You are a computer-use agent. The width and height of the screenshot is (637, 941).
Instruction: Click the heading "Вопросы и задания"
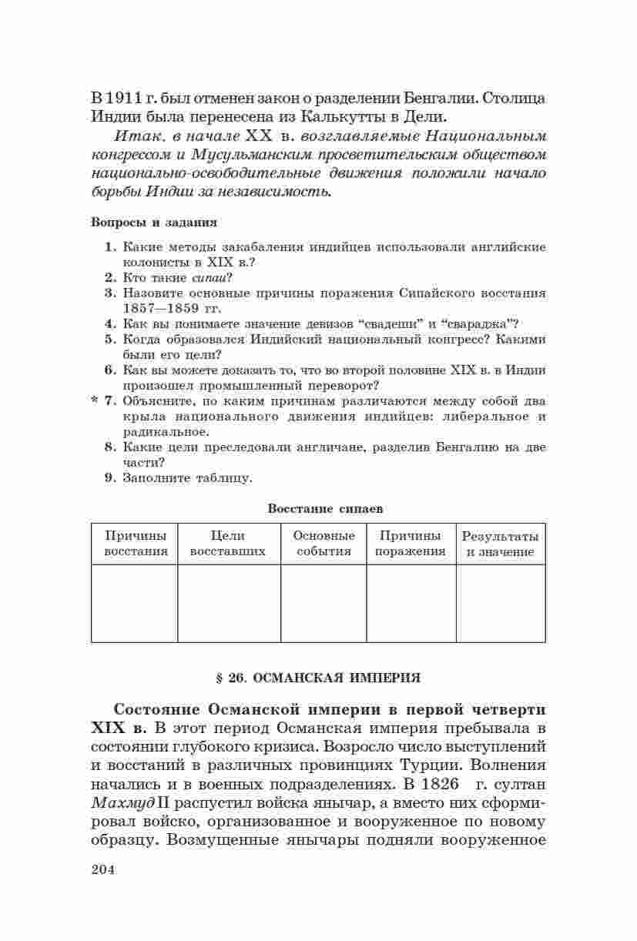pos(153,222)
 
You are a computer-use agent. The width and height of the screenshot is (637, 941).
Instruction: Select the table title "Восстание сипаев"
pos(325,508)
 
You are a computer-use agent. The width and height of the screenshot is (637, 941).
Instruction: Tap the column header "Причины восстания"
pos(136,544)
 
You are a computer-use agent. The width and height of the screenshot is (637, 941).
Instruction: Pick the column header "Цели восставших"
pos(227,544)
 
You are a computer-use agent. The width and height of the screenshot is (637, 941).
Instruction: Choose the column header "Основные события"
pos(324,544)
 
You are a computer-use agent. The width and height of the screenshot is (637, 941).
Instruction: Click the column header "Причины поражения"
pos(411,544)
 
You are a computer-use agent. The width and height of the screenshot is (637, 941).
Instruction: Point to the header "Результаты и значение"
pos(500,544)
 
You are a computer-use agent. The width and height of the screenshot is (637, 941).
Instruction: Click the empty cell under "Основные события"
pos(324,603)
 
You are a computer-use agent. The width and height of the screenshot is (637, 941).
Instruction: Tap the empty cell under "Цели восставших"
pos(228,603)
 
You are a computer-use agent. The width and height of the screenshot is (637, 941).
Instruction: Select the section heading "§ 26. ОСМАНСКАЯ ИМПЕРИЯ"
pos(318,678)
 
